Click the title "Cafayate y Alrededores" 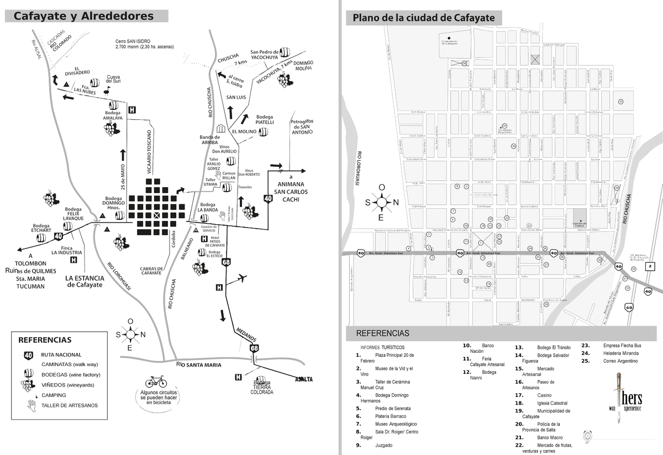(x=83, y=16)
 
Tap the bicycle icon (x=155, y=382)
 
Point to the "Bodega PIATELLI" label (x=265, y=119)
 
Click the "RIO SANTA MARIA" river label (x=198, y=365)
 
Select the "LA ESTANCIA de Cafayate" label (x=85, y=281)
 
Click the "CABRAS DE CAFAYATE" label (x=151, y=271)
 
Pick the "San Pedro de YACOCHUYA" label (x=265, y=54)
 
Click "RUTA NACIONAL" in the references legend (x=61, y=355)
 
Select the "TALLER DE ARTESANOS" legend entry (x=70, y=405)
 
